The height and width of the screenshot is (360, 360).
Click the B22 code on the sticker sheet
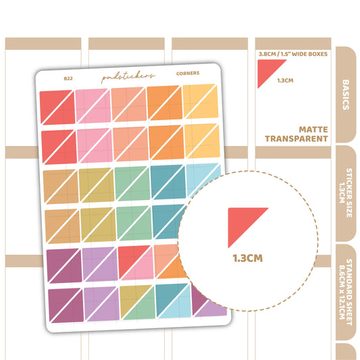point(68,78)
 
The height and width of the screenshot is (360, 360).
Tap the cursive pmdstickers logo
point(128,77)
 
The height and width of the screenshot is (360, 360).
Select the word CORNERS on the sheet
point(188,73)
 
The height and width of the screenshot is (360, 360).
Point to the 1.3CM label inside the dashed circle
point(247,258)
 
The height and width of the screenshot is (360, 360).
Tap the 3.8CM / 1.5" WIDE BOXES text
point(293,54)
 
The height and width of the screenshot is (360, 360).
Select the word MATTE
point(313,130)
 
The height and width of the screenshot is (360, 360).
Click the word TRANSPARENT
point(297,138)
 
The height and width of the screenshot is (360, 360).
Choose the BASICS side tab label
point(346,95)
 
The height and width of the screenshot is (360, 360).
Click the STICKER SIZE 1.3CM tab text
point(346,193)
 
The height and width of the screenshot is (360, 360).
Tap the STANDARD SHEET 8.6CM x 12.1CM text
point(346,292)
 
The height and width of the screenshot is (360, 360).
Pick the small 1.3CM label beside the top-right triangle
point(285,80)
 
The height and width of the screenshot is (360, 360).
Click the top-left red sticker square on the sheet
point(57,107)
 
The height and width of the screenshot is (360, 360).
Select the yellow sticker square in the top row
point(201,101)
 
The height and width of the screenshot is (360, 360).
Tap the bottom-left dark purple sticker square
point(66,305)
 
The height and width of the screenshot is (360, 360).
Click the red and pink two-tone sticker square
point(136,263)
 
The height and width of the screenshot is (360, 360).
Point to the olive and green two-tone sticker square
point(138,303)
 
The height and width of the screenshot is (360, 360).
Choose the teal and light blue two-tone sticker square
point(174,301)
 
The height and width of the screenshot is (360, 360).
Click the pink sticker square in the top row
point(93,106)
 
